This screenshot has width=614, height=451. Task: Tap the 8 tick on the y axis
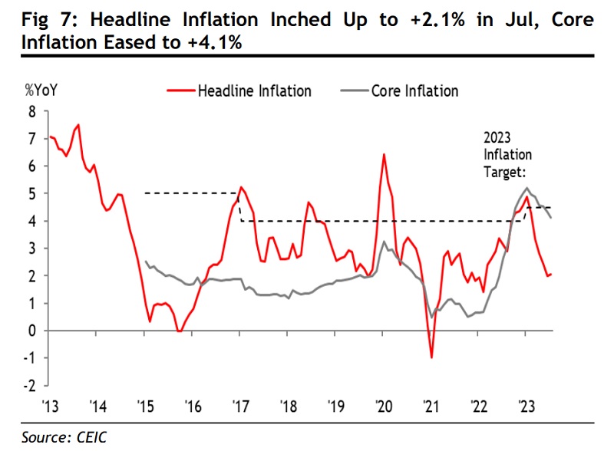[x=32, y=111]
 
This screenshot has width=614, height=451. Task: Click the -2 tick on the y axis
[x=30, y=386]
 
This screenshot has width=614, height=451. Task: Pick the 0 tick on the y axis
[x=32, y=331]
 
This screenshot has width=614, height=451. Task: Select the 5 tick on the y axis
[x=32, y=193]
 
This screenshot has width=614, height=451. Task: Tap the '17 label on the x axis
[x=241, y=406]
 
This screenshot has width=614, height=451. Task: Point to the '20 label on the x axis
[x=384, y=406]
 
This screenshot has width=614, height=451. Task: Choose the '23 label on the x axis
[x=527, y=406]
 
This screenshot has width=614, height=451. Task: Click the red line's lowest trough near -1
[x=432, y=357]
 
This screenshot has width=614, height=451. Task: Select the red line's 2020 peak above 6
[x=384, y=155]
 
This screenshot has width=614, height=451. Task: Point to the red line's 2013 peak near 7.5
[x=79, y=124]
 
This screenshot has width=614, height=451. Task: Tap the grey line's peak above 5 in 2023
[x=527, y=188]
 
